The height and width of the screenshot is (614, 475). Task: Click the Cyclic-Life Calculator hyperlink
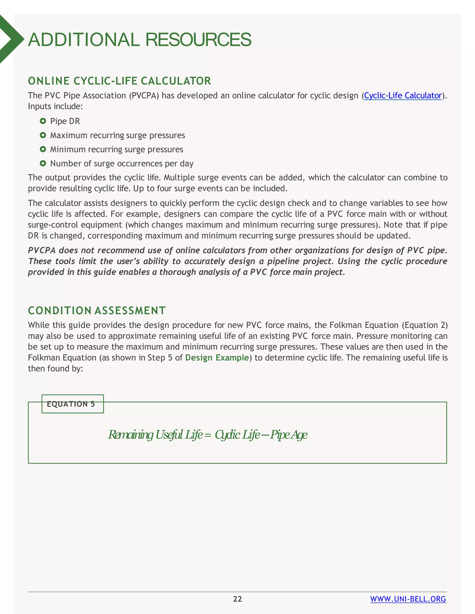403,96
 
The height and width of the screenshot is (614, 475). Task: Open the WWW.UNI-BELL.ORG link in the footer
408,599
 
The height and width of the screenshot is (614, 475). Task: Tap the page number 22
237,599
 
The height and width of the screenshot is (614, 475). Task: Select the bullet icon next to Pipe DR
43,121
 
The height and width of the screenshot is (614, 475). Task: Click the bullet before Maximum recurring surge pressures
43,135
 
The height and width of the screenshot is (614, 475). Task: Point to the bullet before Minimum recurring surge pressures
43,149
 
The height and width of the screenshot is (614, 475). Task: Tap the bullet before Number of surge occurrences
43,163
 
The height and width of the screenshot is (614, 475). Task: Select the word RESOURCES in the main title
198,40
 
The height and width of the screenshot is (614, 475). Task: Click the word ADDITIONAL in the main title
83,40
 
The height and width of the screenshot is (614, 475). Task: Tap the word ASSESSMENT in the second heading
130,311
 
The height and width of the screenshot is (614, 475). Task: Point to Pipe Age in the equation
289,435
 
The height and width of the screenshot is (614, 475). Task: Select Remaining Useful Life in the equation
155,435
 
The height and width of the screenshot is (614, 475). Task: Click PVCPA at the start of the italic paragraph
42,250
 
